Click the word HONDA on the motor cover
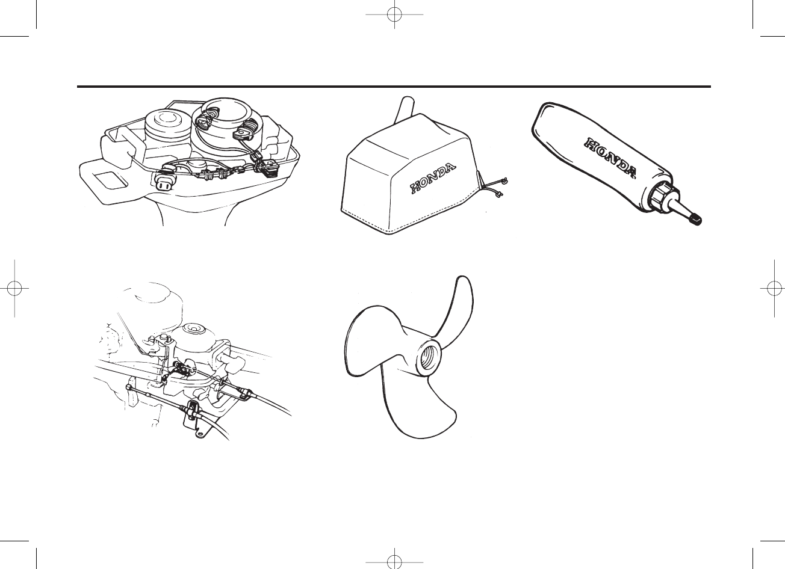[x=435, y=178]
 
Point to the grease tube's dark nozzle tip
[x=697, y=221]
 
